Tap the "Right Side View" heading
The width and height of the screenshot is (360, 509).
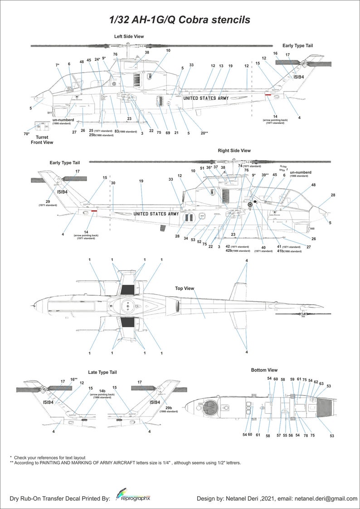(x=234, y=150)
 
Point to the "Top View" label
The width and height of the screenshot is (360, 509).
(x=185, y=288)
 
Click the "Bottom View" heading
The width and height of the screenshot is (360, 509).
(x=264, y=370)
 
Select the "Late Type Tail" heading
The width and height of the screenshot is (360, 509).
(x=102, y=372)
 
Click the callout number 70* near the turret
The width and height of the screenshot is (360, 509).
(x=26, y=134)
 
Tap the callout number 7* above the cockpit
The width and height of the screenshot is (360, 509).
(x=58, y=65)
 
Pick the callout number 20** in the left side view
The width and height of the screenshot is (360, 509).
(x=204, y=133)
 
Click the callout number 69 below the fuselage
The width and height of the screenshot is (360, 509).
(x=168, y=132)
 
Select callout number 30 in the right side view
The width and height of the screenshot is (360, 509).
(x=113, y=183)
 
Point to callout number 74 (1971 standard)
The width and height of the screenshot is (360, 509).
(x=240, y=166)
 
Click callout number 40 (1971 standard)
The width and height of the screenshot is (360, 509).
(x=263, y=247)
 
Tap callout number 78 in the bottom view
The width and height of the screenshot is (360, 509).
(x=306, y=435)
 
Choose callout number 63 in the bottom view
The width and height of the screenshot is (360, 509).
(x=321, y=383)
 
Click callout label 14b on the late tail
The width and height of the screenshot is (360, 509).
(x=102, y=391)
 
